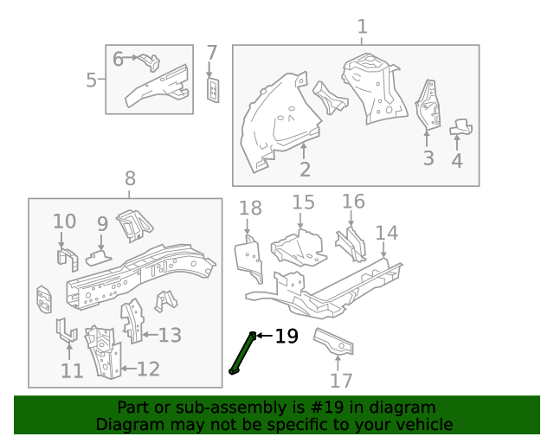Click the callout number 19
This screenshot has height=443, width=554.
click(x=287, y=337)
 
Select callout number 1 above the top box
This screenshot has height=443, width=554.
click(x=362, y=27)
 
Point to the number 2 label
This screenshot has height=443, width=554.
click(x=305, y=169)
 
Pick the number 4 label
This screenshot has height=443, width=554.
click(x=456, y=160)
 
